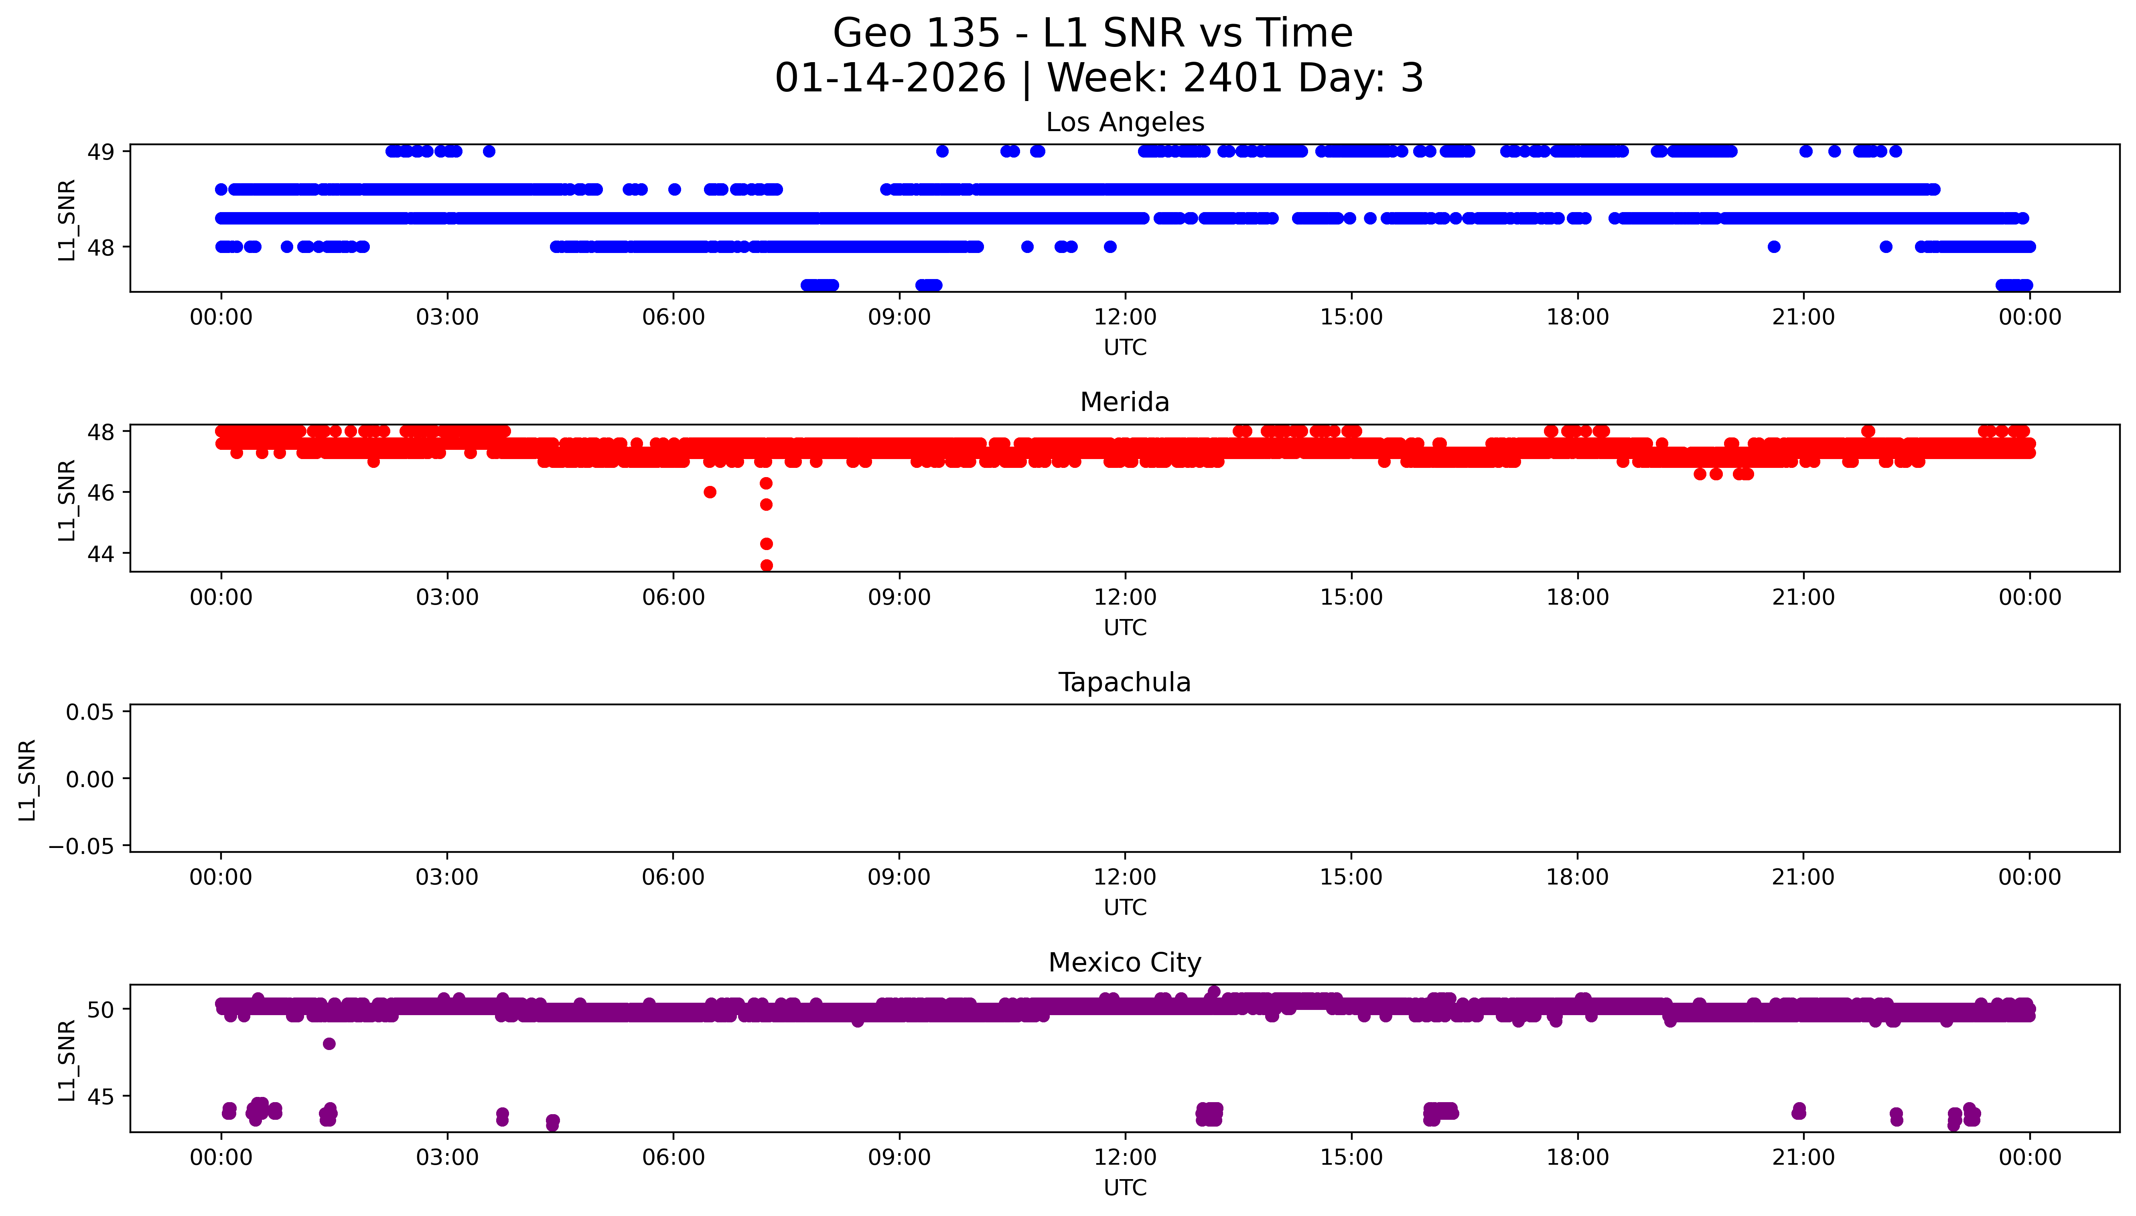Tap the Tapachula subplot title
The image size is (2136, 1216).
(x=1124, y=682)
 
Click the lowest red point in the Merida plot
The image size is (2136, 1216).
(x=766, y=565)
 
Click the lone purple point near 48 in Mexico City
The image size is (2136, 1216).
(x=329, y=1043)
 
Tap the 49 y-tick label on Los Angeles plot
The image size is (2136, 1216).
(x=101, y=152)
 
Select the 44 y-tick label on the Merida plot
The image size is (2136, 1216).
(x=101, y=554)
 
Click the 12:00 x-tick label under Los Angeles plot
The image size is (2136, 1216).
(x=1125, y=318)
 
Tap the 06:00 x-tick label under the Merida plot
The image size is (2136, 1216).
(x=673, y=597)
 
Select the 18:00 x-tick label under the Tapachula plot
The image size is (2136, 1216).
(x=1577, y=877)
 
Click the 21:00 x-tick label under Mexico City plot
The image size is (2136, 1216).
(x=1803, y=1157)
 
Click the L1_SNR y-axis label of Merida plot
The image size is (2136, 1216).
(x=67, y=500)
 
